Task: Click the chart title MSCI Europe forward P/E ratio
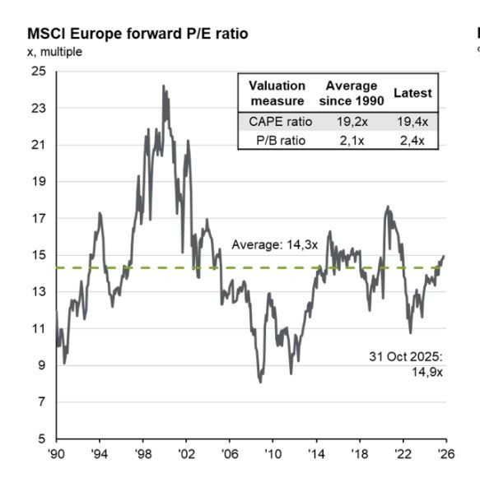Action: coord(137,34)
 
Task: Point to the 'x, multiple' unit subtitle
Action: coord(55,51)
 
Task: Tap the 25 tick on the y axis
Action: coord(39,72)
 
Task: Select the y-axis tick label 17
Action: coord(39,219)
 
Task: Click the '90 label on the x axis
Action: coord(56,453)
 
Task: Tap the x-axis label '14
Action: coord(316,453)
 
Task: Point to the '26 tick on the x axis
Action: coord(445,453)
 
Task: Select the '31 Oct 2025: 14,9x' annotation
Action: coord(405,364)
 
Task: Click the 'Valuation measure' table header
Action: coord(277,93)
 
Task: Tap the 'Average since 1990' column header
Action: coord(351,93)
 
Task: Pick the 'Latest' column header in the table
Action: coord(412,93)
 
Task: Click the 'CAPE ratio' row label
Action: coord(277,122)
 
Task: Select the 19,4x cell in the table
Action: coord(412,122)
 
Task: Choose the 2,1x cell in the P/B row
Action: coord(351,141)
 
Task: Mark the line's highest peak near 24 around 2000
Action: coord(163,86)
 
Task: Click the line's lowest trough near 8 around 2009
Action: coord(261,383)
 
